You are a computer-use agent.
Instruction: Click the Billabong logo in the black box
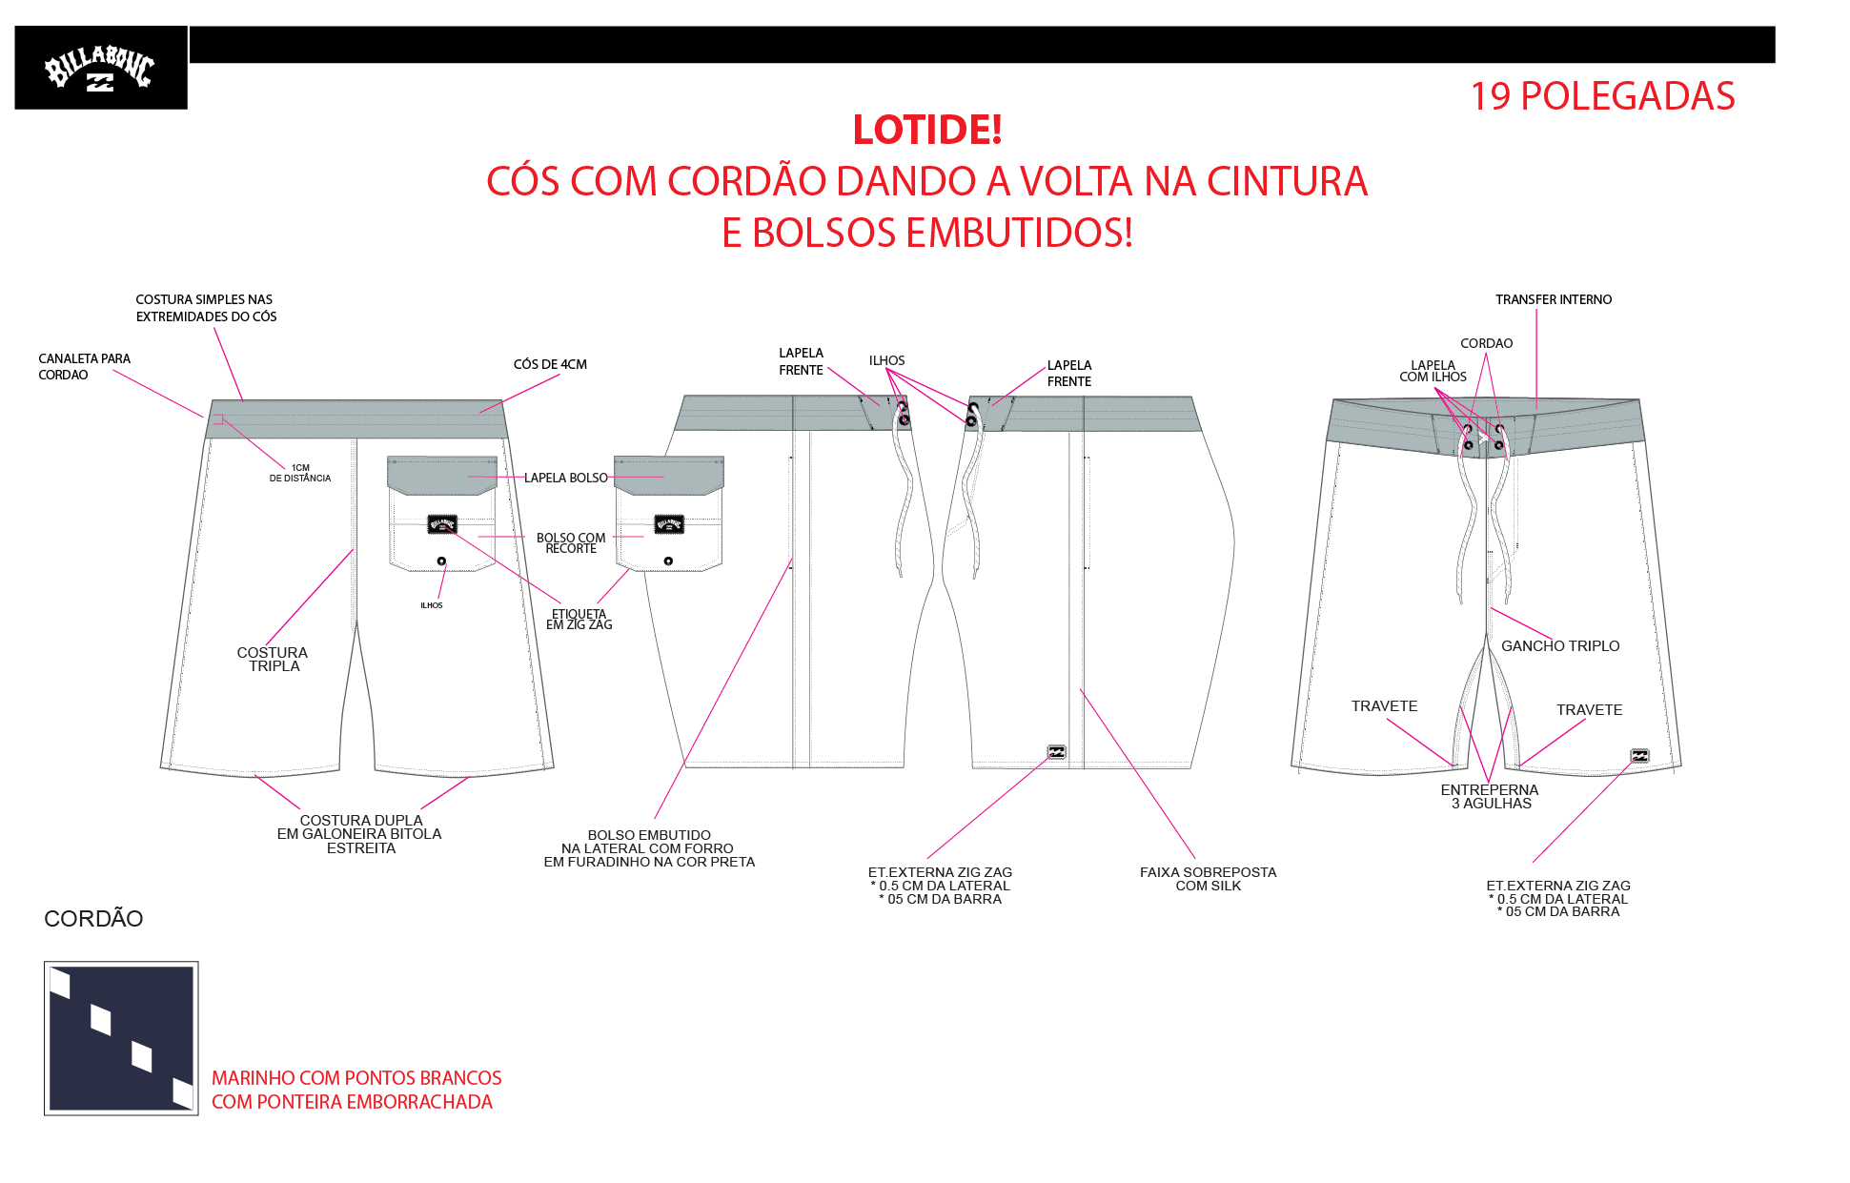(99, 68)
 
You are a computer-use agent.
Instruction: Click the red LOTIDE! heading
(927, 130)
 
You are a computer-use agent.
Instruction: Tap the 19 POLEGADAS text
(1602, 96)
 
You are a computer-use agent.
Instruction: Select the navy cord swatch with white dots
(121, 1038)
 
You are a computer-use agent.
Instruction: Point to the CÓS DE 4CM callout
(550, 364)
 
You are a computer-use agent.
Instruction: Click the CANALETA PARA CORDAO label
(84, 367)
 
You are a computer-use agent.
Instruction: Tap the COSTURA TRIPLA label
(273, 660)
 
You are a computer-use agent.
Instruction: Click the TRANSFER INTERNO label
(1554, 299)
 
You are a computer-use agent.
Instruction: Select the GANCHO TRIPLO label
(1560, 646)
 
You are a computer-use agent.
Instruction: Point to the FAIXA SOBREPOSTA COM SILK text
(1208, 879)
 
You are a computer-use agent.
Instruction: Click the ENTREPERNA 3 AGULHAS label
(1490, 797)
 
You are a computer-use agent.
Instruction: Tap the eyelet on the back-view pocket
(441, 561)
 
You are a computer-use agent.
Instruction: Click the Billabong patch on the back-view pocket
(442, 524)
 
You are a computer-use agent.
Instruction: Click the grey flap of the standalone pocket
(669, 475)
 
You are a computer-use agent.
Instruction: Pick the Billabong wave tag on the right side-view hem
(1056, 752)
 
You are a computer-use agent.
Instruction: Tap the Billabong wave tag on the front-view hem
(1639, 756)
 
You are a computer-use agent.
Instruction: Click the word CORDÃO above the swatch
(93, 919)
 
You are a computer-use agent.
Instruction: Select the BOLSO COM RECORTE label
(571, 543)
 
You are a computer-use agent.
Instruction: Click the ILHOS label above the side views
(886, 360)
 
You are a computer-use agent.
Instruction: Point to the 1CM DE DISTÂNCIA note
(300, 473)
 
